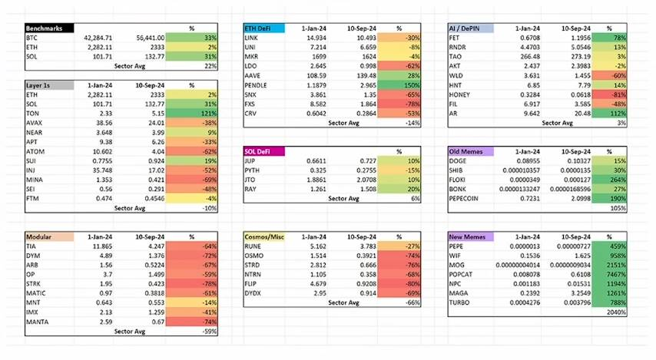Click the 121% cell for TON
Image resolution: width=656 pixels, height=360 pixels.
[208, 112]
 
